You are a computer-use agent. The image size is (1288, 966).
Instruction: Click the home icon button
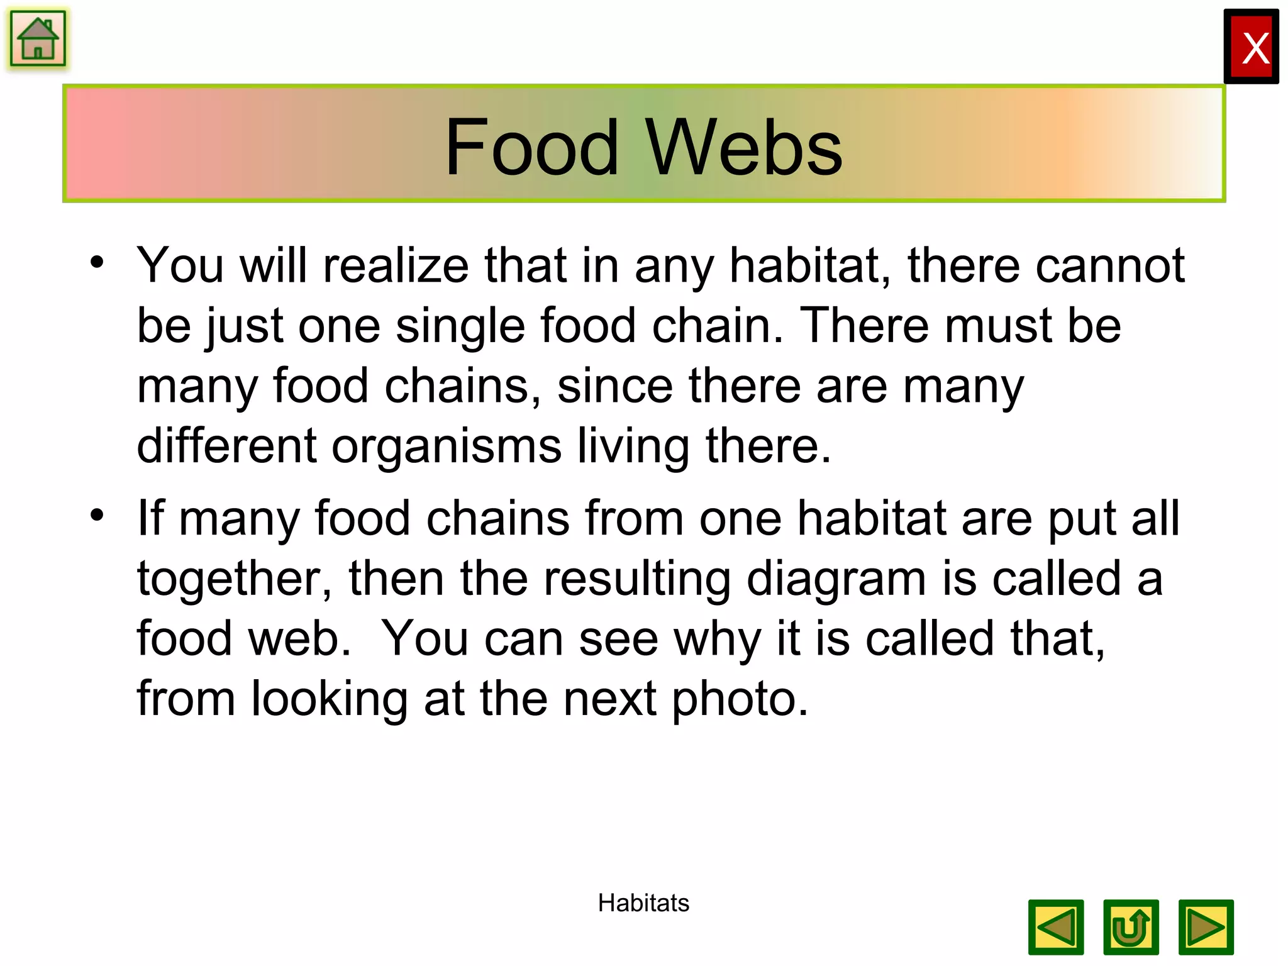[38, 39]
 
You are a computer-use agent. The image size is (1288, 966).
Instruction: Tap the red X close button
[1251, 47]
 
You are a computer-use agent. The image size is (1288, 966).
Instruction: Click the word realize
[396, 265]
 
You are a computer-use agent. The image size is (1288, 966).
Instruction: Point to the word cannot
[1110, 265]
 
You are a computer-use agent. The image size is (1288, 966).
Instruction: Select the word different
[226, 445]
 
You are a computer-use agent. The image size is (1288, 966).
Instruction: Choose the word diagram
[836, 579]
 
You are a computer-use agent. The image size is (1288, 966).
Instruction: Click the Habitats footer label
[643, 903]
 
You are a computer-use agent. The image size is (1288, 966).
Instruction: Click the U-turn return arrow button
[1131, 928]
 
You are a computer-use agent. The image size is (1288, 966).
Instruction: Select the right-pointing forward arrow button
[1206, 928]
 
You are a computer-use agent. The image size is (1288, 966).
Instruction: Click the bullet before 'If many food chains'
[97, 516]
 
